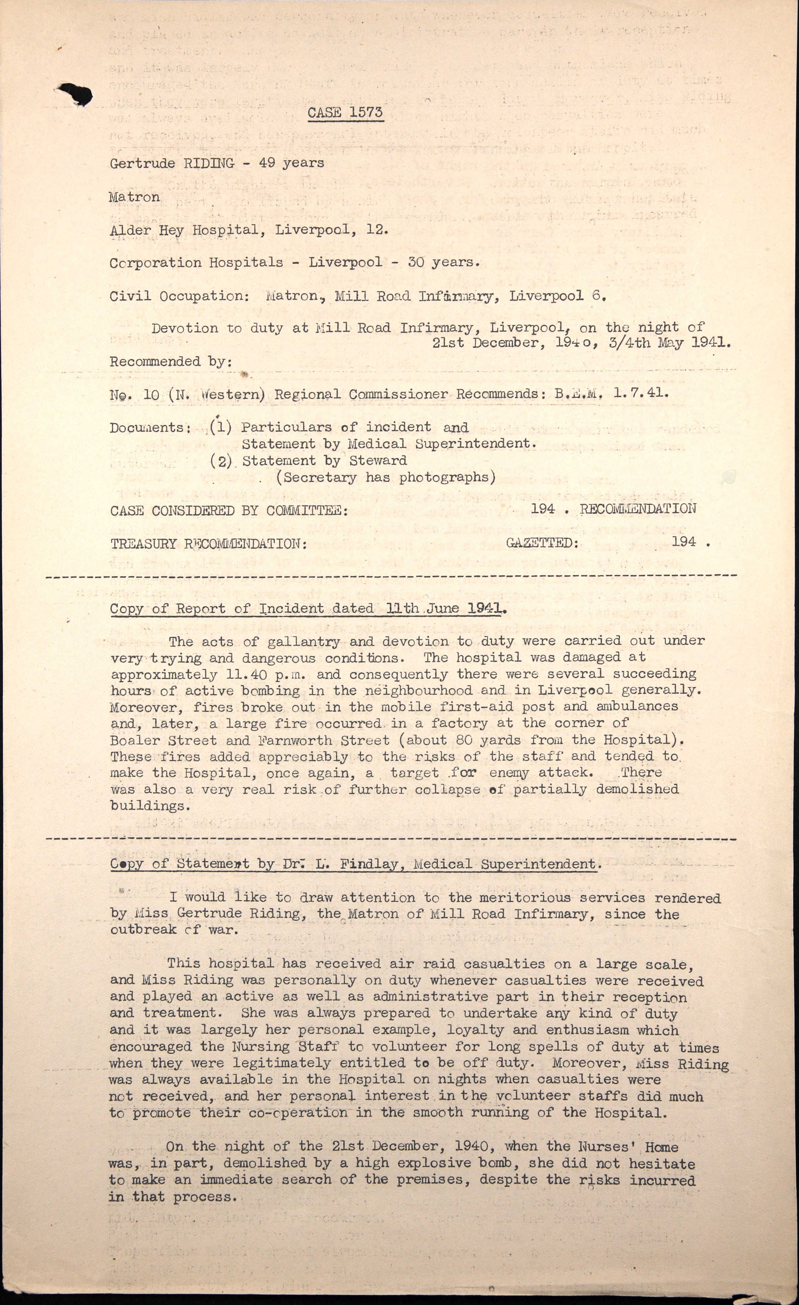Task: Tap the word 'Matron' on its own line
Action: click(134, 197)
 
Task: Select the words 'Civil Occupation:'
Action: click(179, 296)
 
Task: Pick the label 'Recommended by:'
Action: click(170, 362)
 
